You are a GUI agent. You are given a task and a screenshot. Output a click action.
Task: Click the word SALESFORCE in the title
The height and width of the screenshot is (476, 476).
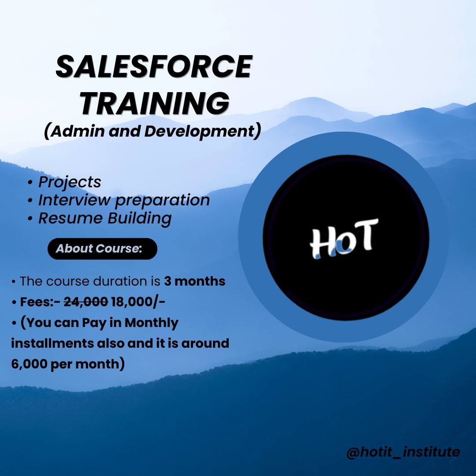154,67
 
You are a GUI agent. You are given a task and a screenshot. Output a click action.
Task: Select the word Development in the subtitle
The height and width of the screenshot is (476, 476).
199,131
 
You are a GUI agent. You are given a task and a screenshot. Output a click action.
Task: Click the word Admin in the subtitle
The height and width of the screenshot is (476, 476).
77,131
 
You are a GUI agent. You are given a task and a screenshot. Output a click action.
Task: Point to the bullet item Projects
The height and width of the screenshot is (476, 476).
70,182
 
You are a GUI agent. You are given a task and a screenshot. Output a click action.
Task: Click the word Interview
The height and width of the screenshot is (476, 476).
74,200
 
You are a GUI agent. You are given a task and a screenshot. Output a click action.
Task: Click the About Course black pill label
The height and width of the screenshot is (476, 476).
102,249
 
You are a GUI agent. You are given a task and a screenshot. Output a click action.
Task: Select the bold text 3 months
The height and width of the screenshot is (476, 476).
195,281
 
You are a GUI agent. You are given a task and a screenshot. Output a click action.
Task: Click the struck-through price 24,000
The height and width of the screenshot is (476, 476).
86,302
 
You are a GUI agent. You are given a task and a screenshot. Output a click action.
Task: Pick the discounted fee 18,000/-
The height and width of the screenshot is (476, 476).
138,302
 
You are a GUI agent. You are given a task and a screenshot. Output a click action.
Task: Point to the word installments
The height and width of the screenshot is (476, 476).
52,343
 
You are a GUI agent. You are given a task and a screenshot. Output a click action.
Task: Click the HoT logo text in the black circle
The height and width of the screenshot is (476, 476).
344,238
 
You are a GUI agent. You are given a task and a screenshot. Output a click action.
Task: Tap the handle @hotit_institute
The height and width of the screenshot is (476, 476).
403,452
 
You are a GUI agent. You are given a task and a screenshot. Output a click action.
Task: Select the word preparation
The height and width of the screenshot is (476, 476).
162,201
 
